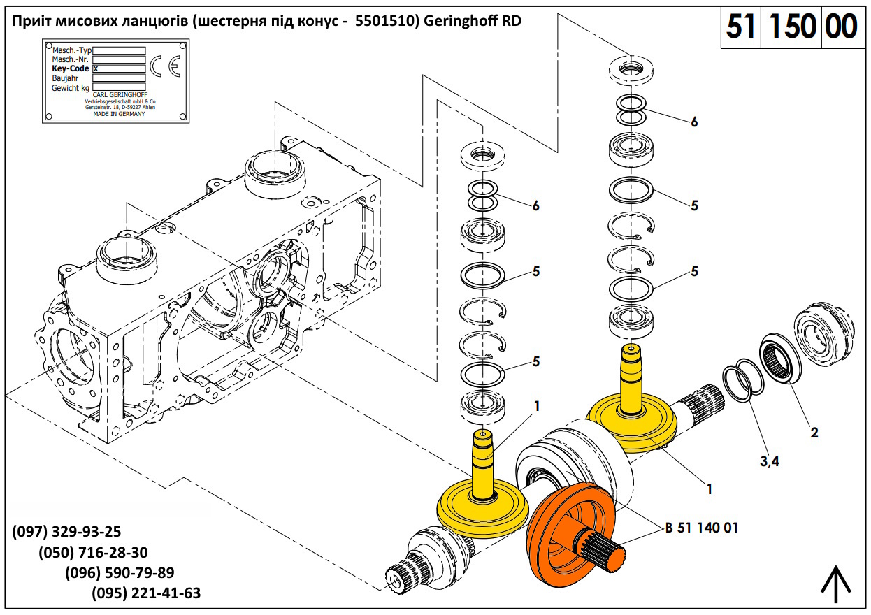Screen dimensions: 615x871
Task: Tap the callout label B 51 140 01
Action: pyautogui.click(x=702, y=528)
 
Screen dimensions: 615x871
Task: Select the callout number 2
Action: pyautogui.click(x=814, y=433)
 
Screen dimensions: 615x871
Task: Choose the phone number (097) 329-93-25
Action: pyautogui.click(x=66, y=532)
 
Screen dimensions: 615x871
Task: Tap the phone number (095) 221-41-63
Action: pyautogui.click(x=146, y=593)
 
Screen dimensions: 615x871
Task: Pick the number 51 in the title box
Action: pyautogui.click(x=742, y=27)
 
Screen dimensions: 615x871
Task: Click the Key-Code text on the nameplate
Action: pyautogui.click(x=70, y=69)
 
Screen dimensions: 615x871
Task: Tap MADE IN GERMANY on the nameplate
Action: pyautogui.click(x=119, y=114)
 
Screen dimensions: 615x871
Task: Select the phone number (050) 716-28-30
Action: pyautogui.click(x=93, y=552)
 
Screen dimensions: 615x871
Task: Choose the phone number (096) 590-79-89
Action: pyautogui.click(x=120, y=573)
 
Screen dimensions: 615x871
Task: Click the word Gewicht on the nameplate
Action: pyautogui.click(x=66, y=88)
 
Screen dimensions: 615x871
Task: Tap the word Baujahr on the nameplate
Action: pyautogui.click(x=64, y=78)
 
